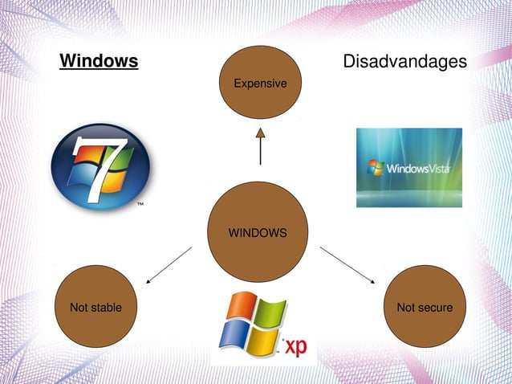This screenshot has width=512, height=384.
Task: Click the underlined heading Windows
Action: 99,62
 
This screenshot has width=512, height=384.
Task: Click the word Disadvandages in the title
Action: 404,62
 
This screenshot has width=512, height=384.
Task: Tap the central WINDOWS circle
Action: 258,232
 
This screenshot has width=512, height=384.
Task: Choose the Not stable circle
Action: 95,307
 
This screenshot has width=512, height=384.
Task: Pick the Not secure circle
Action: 425,307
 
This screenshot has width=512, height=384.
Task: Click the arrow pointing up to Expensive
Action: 259,145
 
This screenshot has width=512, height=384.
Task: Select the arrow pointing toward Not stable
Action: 169,266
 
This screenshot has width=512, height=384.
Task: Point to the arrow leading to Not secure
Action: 347,265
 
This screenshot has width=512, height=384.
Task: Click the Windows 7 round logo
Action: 100,167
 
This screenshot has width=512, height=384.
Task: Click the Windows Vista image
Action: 408,167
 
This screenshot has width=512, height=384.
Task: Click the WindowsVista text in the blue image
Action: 418,170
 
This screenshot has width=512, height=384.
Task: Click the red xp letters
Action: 294,347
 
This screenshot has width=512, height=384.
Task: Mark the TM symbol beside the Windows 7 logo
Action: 140,205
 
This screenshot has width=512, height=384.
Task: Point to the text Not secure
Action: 425,308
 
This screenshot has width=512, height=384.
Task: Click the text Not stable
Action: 95,308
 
